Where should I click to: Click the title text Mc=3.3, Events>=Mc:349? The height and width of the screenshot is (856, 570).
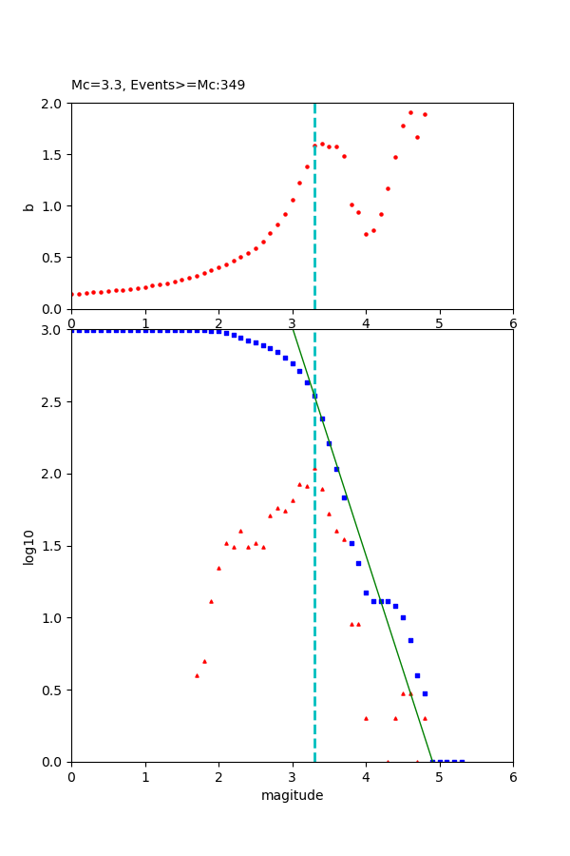pos(158,86)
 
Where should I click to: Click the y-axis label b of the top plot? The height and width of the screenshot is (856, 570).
pos(28,205)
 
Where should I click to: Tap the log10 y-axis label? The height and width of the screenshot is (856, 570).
pos(28,546)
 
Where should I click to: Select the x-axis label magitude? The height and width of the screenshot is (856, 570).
pos(292,795)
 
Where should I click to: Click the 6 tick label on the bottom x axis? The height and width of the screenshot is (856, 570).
pos(513,777)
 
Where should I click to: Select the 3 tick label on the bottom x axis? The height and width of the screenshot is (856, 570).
pos(292,777)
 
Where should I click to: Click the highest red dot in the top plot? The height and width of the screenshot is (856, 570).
pos(410,112)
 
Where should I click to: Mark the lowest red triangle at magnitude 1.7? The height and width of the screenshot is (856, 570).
pos(197,675)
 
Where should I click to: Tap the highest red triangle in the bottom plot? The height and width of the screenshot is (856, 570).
pos(314,468)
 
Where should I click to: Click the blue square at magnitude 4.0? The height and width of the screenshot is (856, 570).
pos(366,593)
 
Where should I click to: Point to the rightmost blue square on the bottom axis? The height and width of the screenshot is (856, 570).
pos(462,761)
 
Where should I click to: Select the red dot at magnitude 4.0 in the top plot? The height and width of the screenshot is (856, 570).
pos(366,234)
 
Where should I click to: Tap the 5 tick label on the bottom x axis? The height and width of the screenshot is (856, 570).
pos(439,777)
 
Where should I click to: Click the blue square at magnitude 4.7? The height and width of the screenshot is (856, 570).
pos(417,675)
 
